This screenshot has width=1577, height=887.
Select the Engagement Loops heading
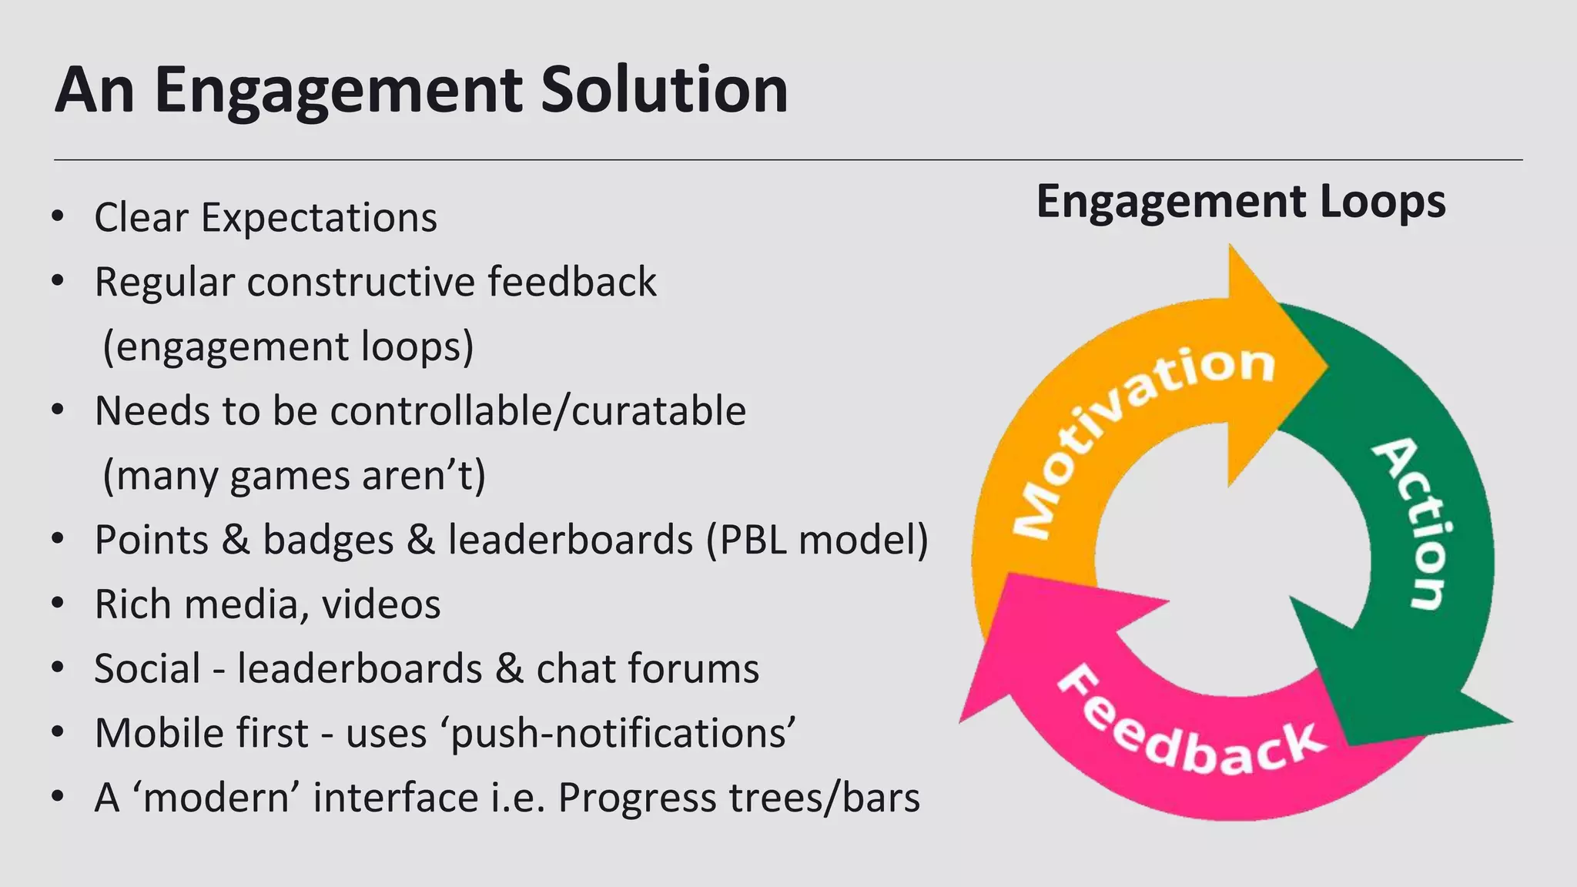pyautogui.click(x=1241, y=202)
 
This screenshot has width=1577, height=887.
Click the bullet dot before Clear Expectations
pyautogui.click(x=57, y=216)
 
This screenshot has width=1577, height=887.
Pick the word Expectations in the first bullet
pyautogui.click(x=319, y=217)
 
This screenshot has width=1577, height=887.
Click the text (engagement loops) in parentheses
pyautogui.click(x=288, y=346)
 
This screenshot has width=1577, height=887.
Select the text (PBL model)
pyautogui.click(x=818, y=539)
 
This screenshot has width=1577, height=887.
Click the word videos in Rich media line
pyautogui.click(x=381, y=604)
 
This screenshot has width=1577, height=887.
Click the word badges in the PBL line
pyautogui.click(x=328, y=539)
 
